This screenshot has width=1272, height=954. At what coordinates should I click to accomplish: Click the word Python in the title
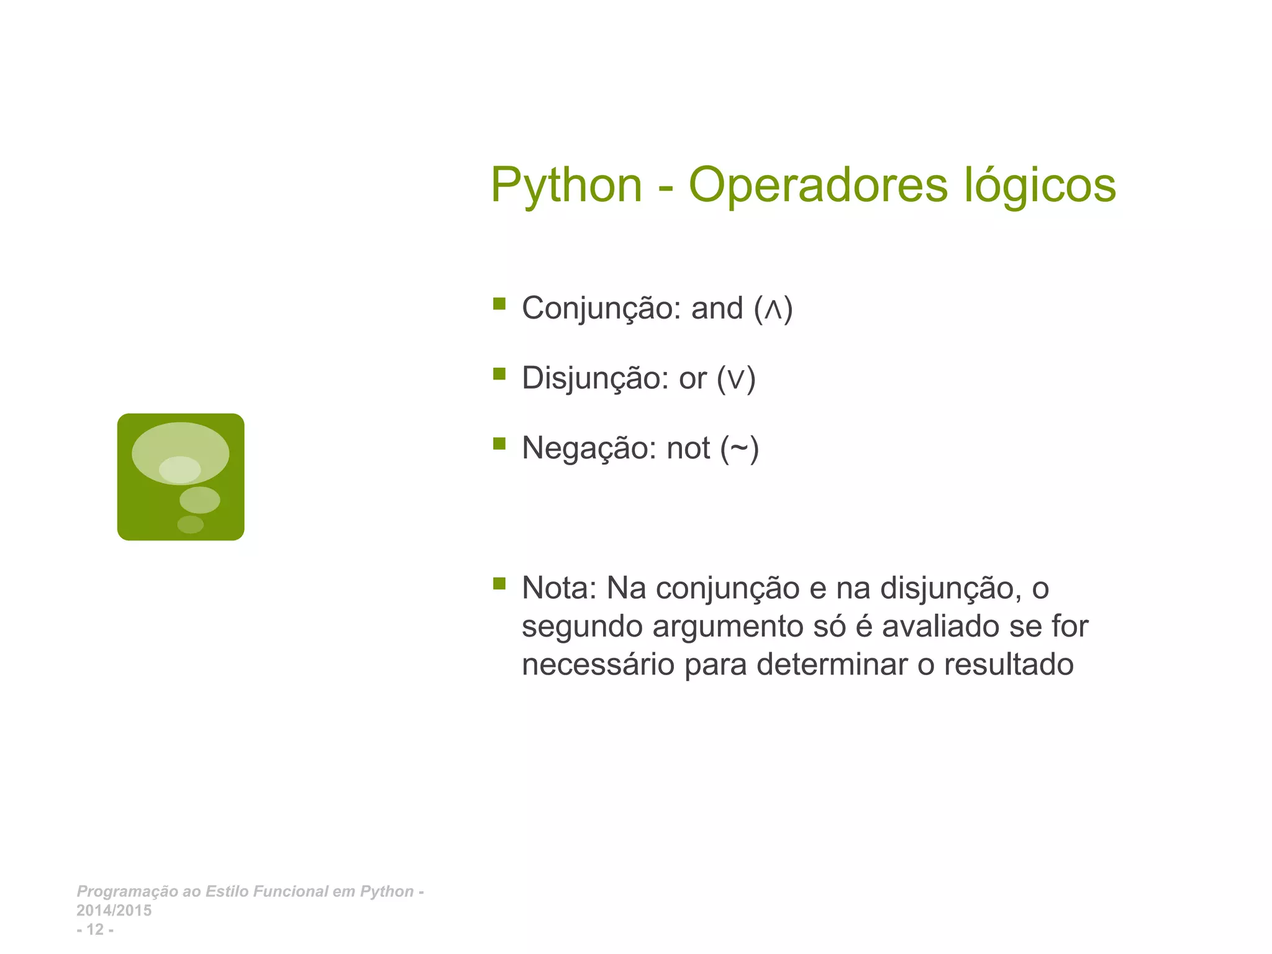(566, 186)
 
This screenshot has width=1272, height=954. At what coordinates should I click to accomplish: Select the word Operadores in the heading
(818, 186)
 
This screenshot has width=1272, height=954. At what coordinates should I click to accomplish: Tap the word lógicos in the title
(1040, 186)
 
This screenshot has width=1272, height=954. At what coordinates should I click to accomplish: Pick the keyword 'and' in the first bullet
(717, 309)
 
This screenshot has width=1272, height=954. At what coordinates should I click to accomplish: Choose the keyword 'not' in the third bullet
(688, 448)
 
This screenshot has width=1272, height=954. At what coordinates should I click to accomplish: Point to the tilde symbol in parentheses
(739, 448)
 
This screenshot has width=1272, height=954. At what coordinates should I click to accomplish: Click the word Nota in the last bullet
(558, 588)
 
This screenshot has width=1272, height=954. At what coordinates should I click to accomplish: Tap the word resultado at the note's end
(1009, 665)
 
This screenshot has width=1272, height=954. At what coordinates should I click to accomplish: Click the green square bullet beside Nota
(499, 583)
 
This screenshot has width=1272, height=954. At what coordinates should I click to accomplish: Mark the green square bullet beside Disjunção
(499, 373)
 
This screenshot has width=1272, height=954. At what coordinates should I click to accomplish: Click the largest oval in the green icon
(180, 445)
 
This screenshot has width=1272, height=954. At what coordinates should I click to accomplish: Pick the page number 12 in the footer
(95, 930)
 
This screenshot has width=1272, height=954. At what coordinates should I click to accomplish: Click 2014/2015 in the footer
(114, 911)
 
